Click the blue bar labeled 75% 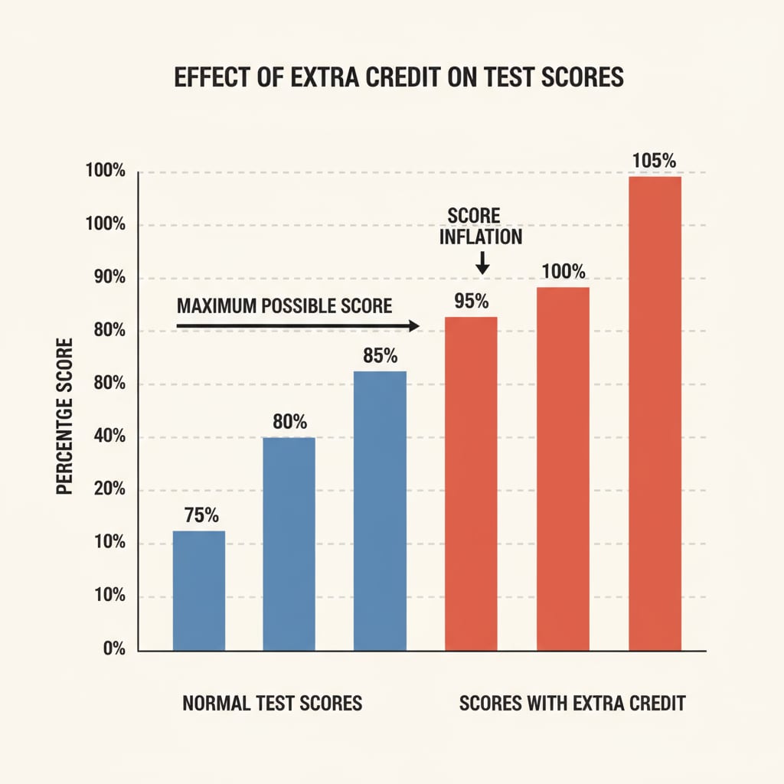(x=199, y=590)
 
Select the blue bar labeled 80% (x=289, y=544)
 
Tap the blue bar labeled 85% (x=380, y=511)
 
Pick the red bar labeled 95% (x=471, y=484)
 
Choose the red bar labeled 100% (x=563, y=469)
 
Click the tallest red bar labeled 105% (x=655, y=413)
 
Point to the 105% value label (x=655, y=161)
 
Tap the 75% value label (x=199, y=515)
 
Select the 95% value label (x=471, y=301)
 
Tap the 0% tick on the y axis (x=113, y=649)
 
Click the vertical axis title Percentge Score (x=65, y=416)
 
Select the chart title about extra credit (x=399, y=79)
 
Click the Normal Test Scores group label (x=272, y=703)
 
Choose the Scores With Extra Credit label (x=572, y=703)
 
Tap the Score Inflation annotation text (x=481, y=226)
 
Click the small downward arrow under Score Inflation (x=482, y=264)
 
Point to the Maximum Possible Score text (x=284, y=306)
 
